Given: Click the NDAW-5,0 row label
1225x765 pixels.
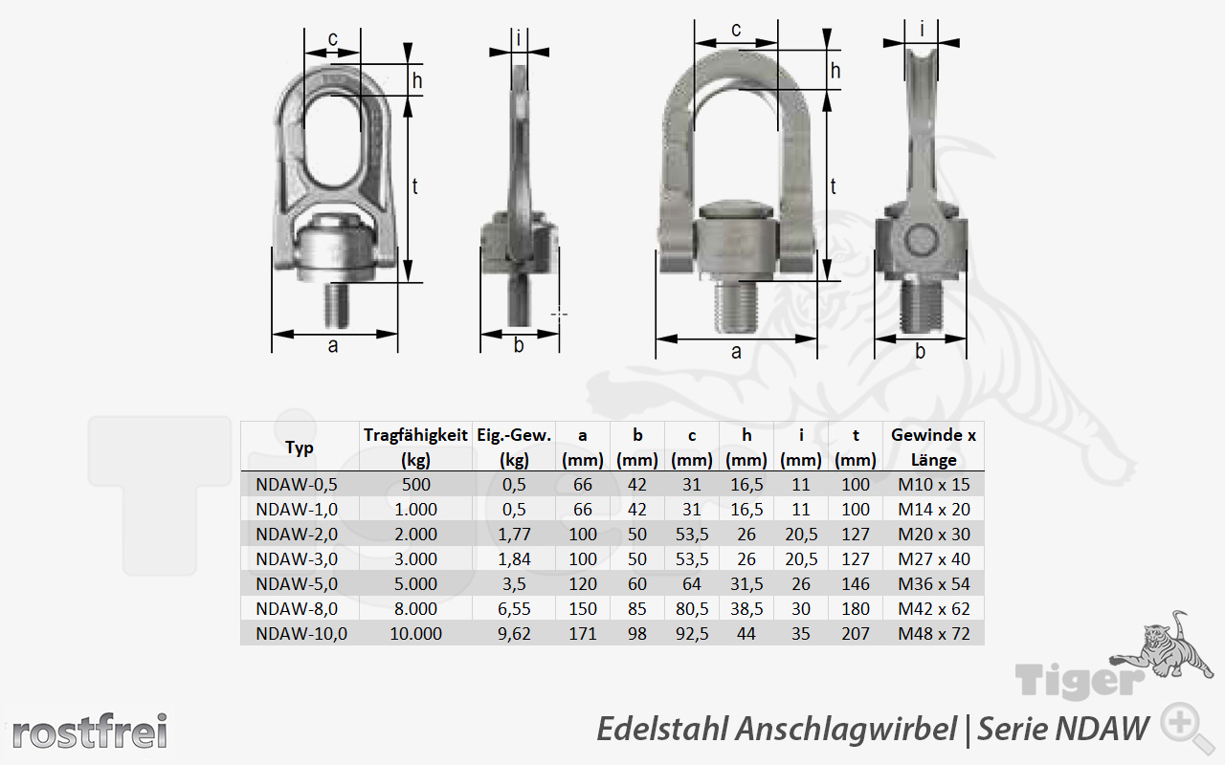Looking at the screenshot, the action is [297, 584].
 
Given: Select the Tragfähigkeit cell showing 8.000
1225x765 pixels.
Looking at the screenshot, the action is [415, 609].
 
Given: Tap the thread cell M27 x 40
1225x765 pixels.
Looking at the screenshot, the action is [933, 559].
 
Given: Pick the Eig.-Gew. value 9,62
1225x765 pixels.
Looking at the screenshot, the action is [514, 634].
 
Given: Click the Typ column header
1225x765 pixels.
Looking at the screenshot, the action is [300, 448].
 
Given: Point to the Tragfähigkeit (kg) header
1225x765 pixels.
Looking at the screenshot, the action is [415, 447].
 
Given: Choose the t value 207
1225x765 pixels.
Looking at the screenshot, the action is [856, 634].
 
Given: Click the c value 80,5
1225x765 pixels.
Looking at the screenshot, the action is [692, 609].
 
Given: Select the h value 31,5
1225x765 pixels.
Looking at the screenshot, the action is [746, 584].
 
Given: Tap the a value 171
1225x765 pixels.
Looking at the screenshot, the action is [583, 634].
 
